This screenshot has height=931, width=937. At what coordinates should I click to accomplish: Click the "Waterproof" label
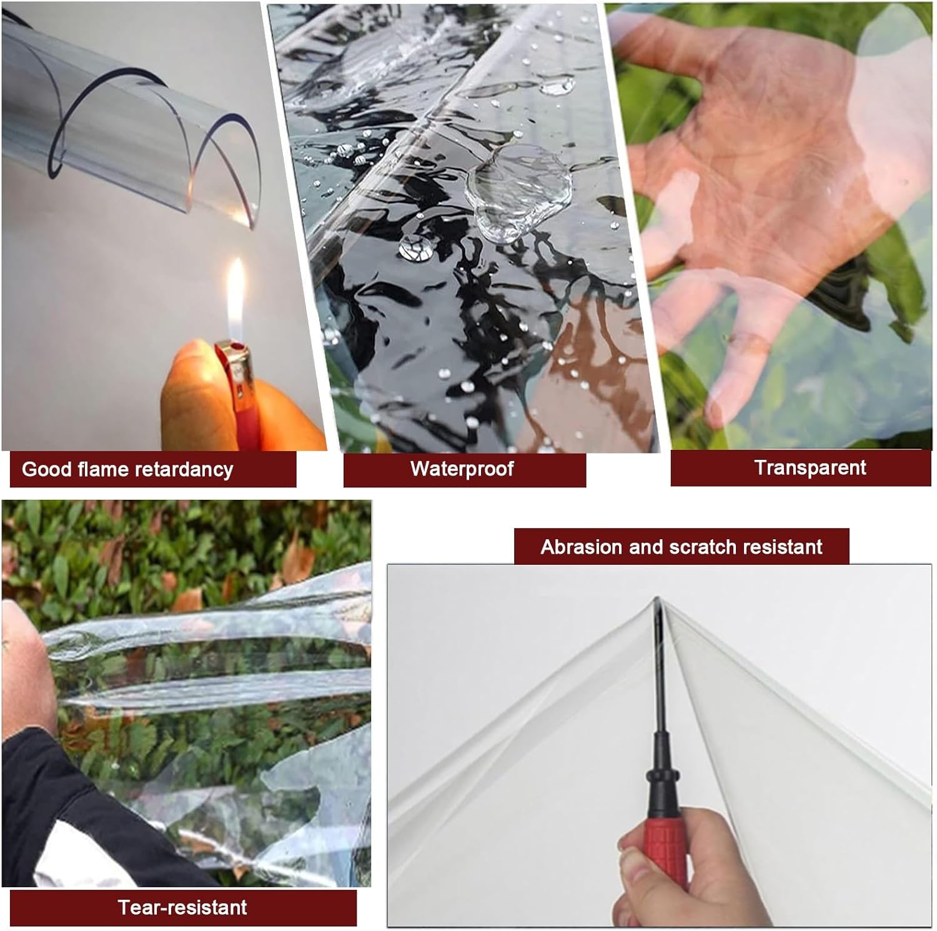coord(462,469)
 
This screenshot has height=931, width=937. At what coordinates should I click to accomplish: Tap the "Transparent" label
coord(810,467)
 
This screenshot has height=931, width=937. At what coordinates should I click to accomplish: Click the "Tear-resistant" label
coord(182,907)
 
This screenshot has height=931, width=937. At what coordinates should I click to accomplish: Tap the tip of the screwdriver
coord(656,599)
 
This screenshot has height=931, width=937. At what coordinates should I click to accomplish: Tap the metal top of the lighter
coord(232,355)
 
